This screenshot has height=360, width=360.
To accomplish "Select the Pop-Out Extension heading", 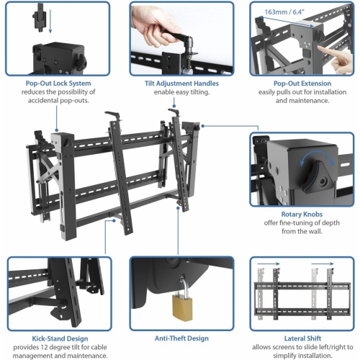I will pos(302,84).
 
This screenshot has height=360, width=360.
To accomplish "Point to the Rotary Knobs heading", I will pos(302,214).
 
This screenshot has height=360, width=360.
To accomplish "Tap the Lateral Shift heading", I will pos(302,337).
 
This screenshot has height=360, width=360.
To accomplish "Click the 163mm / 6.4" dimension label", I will pos(283,12).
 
